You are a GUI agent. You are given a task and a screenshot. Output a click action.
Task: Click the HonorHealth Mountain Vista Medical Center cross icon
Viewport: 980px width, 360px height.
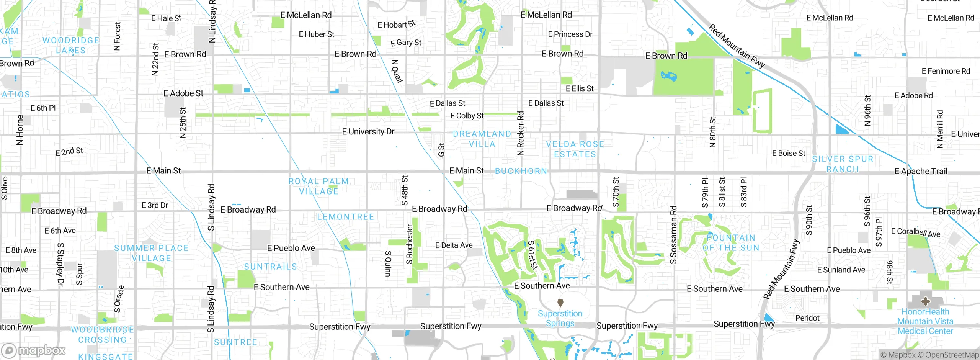pos(925,301)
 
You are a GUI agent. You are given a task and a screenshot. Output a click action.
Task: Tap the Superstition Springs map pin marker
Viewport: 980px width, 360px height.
pos(560,303)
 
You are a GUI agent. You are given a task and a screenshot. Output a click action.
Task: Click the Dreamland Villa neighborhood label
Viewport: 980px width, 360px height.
pos(482,139)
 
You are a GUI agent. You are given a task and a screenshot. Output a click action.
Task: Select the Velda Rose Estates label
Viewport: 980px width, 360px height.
pos(575,149)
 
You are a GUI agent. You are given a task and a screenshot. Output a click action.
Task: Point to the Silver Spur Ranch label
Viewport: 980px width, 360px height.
pos(843,164)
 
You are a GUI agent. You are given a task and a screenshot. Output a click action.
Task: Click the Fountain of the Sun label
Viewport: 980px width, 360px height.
pos(731,243)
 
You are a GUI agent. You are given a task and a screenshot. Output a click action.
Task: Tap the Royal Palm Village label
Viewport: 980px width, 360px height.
pos(318,186)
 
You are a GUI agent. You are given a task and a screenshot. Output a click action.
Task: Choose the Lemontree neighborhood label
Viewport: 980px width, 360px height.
pos(345,217)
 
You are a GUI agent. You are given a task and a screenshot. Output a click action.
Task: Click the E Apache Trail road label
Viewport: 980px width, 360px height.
pos(921,171)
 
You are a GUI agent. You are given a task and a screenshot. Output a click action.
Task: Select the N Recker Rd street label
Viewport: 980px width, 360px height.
pos(520,133)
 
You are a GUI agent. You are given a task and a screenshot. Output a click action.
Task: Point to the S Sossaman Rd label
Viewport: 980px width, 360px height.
pos(673,235)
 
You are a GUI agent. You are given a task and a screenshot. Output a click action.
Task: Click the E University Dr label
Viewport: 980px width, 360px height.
pos(368,131)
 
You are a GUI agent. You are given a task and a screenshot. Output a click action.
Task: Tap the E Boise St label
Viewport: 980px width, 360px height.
pos(788,153)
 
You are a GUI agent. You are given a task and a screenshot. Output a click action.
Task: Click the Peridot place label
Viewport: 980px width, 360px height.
pos(807,318)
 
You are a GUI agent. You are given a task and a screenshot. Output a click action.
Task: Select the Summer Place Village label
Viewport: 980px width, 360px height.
pos(151,253)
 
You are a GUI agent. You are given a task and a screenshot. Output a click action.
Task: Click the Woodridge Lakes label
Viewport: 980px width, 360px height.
pos(71,45)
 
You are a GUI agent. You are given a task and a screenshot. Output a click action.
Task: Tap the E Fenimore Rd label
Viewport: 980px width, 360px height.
pos(946,71)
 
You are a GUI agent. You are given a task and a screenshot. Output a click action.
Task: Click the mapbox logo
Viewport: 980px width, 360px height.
pos(34,350)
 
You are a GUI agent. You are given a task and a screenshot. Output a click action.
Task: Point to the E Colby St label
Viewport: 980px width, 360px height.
pos(467,116)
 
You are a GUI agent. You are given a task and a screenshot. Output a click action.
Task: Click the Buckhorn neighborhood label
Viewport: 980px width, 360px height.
pos(521,171)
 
